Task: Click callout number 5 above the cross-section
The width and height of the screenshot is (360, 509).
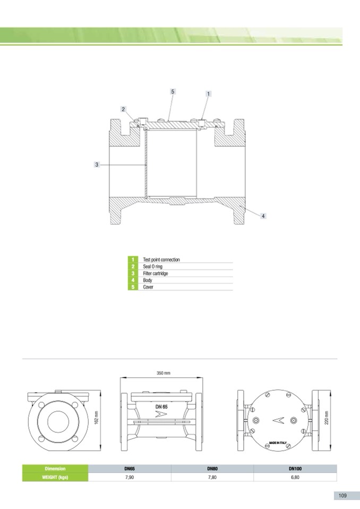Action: click(x=173, y=91)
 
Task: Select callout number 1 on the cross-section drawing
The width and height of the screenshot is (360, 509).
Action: click(x=208, y=94)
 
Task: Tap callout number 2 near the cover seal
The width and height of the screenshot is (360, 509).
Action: click(x=123, y=109)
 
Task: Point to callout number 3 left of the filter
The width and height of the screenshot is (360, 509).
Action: click(x=97, y=165)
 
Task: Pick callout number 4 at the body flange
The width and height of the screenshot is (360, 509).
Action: click(x=263, y=216)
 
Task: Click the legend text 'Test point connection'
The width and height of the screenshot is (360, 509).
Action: click(x=161, y=260)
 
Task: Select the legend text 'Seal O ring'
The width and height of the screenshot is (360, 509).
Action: click(x=152, y=266)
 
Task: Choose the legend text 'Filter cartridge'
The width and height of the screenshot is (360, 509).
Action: click(x=156, y=273)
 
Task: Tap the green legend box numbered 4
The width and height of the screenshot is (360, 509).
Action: click(x=133, y=280)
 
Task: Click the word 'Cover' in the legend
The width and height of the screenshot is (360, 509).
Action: click(x=148, y=287)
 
